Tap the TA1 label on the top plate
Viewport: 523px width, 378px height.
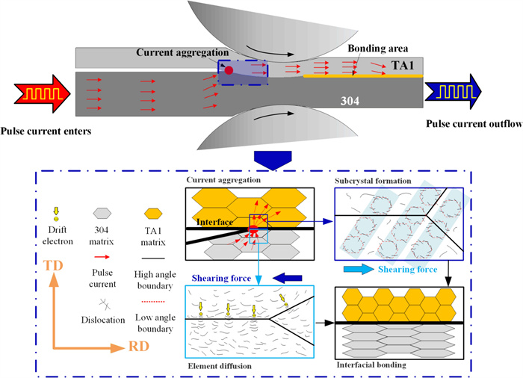(405, 65)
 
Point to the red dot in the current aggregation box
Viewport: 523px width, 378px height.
(229, 70)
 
